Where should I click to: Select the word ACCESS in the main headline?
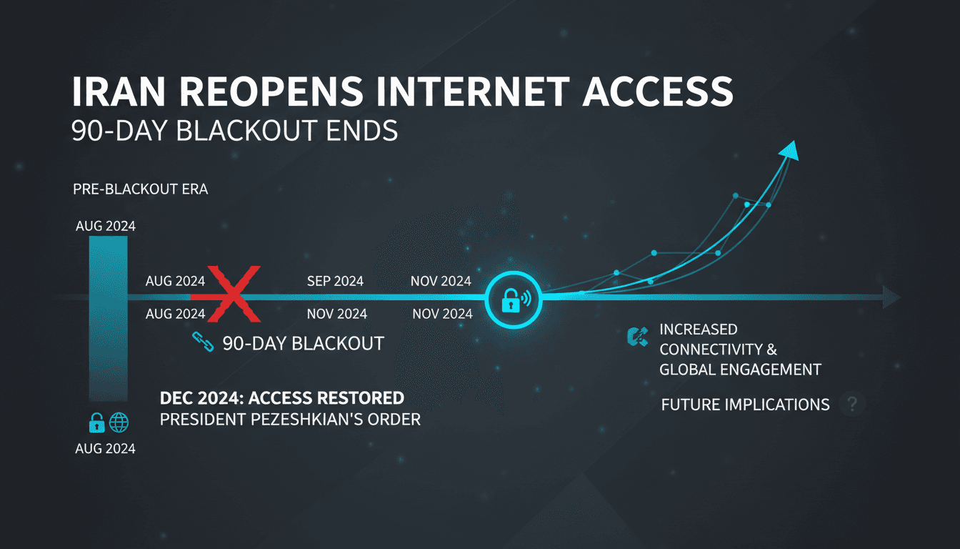pyautogui.click(x=658, y=91)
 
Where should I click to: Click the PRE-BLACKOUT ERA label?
pyautogui.click(x=141, y=189)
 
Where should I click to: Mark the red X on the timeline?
pyautogui.click(x=233, y=295)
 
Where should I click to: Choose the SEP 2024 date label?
pyautogui.click(x=335, y=282)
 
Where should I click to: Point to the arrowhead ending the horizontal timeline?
pyautogui.click(x=891, y=297)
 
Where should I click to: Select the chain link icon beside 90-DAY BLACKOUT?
pyautogui.click(x=203, y=342)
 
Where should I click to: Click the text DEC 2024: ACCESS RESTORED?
pyautogui.click(x=282, y=398)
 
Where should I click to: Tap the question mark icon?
pyautogui.click(x=852, y=404)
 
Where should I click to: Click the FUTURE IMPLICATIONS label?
pyautogui.click(x=745, y=405)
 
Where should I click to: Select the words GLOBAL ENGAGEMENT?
pyautogui.click(x=740, y=370)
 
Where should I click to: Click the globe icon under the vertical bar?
pyautogui.click(x=119, y=422)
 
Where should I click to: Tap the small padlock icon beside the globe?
pyautogui.click(x=97, y=422)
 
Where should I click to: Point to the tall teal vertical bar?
pyautogui.click(x=108, y=318)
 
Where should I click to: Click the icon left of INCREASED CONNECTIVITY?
pyautogui.click(x=637, y=337)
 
